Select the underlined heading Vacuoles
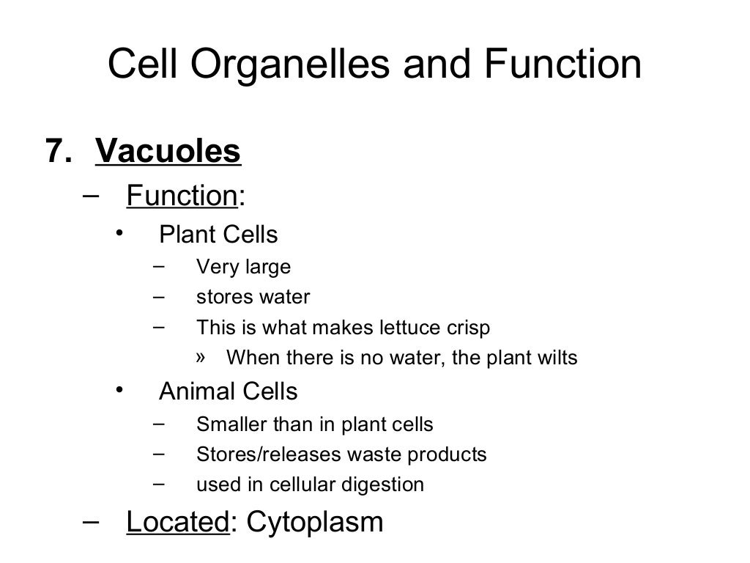(168, 152)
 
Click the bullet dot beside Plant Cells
(119, 234)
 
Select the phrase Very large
(243, 267)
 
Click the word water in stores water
(284, 297)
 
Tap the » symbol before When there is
(203, 357)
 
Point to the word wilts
(558, 358)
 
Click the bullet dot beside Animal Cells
(119, 390)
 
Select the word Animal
(194, 391)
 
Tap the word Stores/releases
(269, 455)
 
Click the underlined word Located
(178, 522)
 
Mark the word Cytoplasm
(315, 523)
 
